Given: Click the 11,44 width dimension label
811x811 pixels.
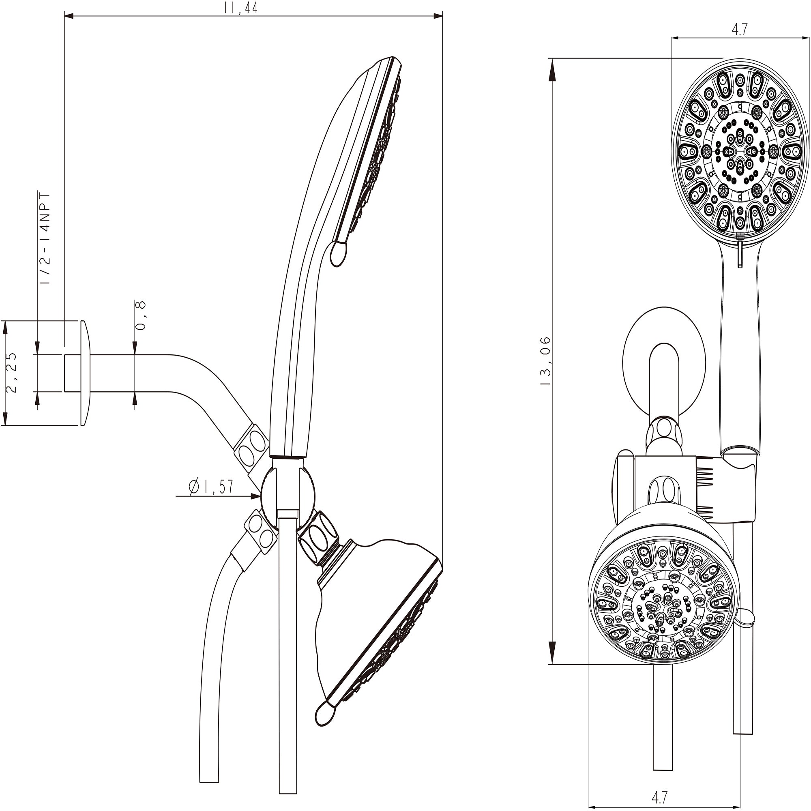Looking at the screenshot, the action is (240, 8).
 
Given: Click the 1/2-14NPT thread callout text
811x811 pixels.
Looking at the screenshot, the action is (45, 239).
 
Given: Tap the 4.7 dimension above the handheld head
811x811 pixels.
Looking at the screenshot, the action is (739, 30).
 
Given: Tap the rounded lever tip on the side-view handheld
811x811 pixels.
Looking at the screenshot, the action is (339, 253).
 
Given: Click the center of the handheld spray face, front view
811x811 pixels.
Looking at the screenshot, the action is (740, 150).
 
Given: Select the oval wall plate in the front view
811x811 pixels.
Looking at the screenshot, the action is (665, 362).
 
